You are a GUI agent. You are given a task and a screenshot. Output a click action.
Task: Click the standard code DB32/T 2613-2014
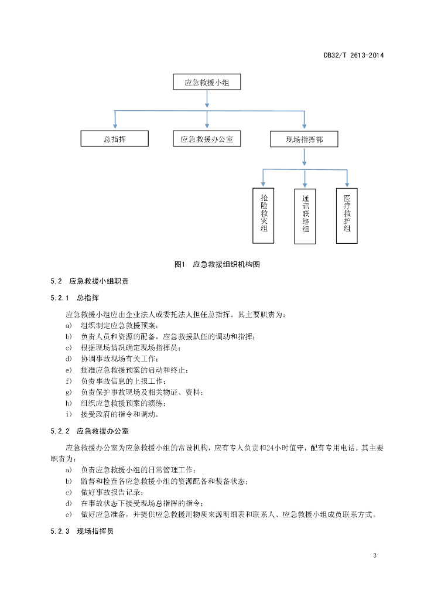point(354,55)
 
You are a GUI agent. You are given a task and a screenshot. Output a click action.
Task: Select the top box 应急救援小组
point(207,82)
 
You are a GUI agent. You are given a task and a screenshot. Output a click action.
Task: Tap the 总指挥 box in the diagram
point(115,138)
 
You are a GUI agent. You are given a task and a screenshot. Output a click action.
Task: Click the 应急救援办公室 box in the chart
point(207,138)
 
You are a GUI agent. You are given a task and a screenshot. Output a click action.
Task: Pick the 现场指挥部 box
point(305,139)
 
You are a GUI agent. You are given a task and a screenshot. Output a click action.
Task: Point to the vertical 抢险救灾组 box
point(264,216)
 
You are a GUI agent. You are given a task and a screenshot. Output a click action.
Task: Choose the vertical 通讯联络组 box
point(305,216)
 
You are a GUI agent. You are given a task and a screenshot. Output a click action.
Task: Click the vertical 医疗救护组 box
point(347,216)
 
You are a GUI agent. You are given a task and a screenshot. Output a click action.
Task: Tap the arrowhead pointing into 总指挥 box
point(115,127)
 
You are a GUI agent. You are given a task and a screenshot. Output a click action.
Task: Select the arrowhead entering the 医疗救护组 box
point(347,184)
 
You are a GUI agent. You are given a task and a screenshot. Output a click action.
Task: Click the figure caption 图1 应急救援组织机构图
point(217,264)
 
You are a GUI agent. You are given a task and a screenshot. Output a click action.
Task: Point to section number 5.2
point(56,281)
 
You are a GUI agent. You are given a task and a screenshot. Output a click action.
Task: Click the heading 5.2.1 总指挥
point(74,298)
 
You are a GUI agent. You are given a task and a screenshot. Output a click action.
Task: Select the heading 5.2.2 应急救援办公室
point(90,431)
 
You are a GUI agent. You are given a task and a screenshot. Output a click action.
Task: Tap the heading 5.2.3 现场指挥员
point(82,531)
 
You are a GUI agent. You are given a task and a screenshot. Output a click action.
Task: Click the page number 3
point(375,555)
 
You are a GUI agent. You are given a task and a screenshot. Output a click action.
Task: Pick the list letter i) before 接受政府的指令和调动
point(69,414)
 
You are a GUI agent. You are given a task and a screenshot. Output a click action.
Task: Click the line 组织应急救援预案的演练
point(123,403)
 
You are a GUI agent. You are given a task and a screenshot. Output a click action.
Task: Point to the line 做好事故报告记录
point(112,492)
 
